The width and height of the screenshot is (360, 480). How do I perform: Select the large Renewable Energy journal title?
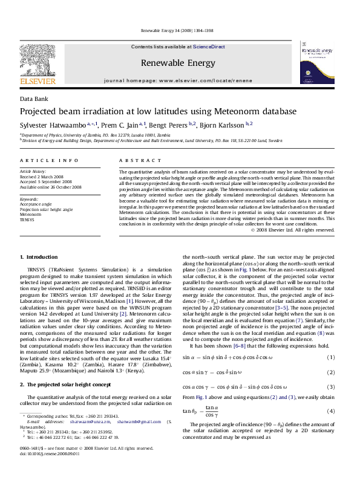[x=177, y=62]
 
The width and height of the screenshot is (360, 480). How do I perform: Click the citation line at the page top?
[x=180, y=30]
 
